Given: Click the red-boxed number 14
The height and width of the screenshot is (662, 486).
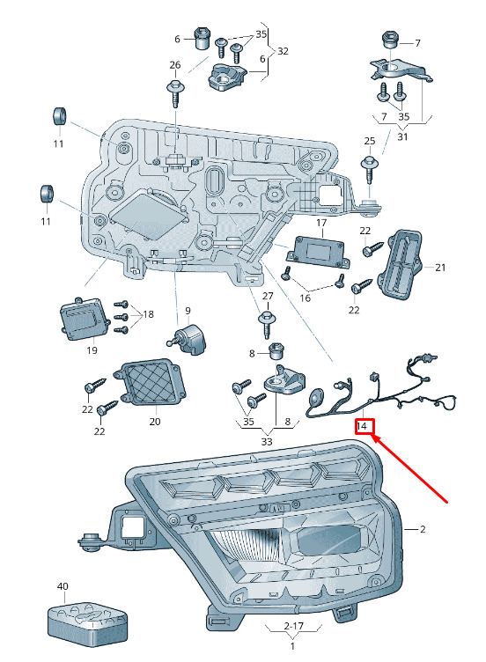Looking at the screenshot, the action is point(362,426).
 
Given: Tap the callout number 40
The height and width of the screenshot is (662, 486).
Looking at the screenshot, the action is point(63,586).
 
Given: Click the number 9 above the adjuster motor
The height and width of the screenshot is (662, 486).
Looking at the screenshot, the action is point(188,311).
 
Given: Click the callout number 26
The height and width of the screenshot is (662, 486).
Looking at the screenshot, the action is point(175,65).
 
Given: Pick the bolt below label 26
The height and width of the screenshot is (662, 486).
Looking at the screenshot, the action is point(176,93).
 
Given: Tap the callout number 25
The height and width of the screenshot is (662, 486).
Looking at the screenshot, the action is point(370,141).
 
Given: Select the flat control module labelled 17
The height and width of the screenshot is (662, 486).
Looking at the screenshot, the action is point(319,252).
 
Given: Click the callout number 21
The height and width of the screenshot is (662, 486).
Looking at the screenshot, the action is point(440,268).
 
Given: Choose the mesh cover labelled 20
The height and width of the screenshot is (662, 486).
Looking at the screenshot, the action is point(150,382).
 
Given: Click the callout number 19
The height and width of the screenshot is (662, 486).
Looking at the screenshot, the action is point(92,350).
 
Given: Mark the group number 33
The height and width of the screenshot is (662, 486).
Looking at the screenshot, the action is point(267,442).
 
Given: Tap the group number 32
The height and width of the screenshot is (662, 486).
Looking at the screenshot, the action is point(283,51).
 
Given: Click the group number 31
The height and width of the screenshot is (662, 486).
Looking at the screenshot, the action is point(403,136).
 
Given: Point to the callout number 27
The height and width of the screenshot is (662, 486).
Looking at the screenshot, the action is point(268,296).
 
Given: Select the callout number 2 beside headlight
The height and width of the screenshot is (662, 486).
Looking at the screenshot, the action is point(423,529).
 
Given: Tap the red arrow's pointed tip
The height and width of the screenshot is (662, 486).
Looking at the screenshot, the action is point(372,436).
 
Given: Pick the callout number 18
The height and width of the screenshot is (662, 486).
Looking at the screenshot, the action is point(148,314).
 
